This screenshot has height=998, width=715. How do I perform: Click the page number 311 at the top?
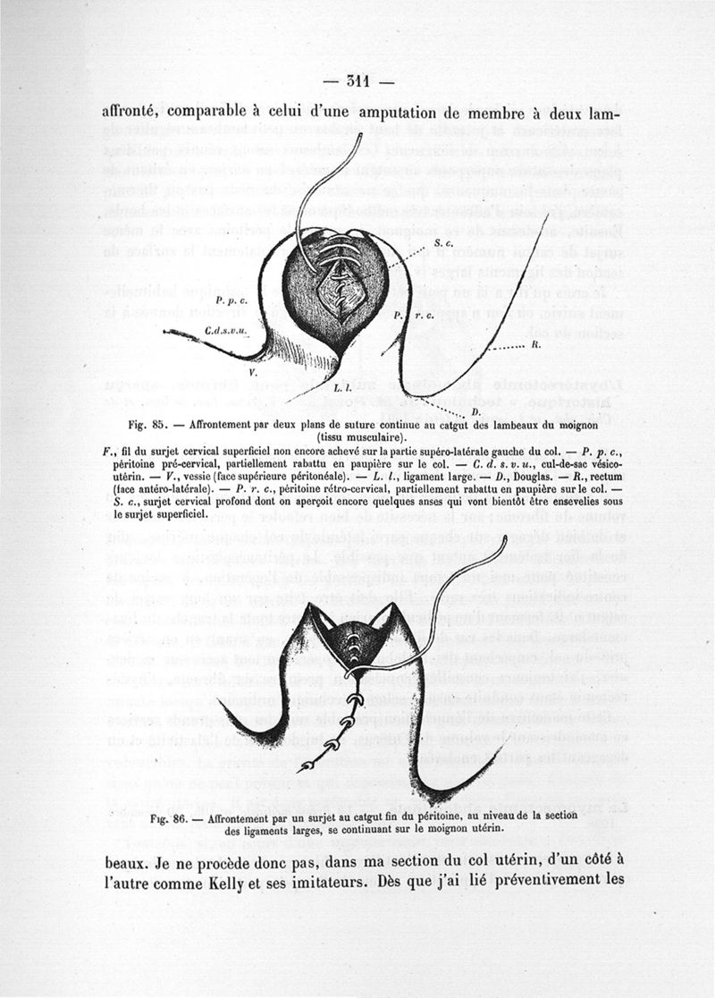(x=357, y=82)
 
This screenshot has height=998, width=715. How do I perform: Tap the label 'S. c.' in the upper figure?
(x=444, y=243)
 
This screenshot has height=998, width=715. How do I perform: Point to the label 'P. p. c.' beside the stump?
(x=231, y=301)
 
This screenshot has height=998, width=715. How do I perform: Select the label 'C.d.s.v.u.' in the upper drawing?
(x=224, y=330)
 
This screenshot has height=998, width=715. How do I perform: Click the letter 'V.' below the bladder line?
(x=253, y=370)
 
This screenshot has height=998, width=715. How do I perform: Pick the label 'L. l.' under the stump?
(x=342, y=389)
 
